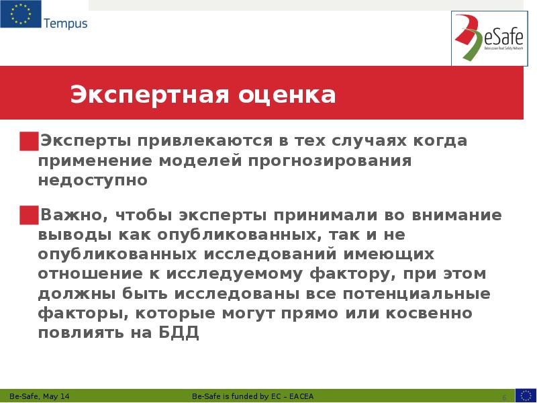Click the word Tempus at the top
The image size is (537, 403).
click(x=65, y=24)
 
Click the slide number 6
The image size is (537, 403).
click(x=504, y=396)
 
